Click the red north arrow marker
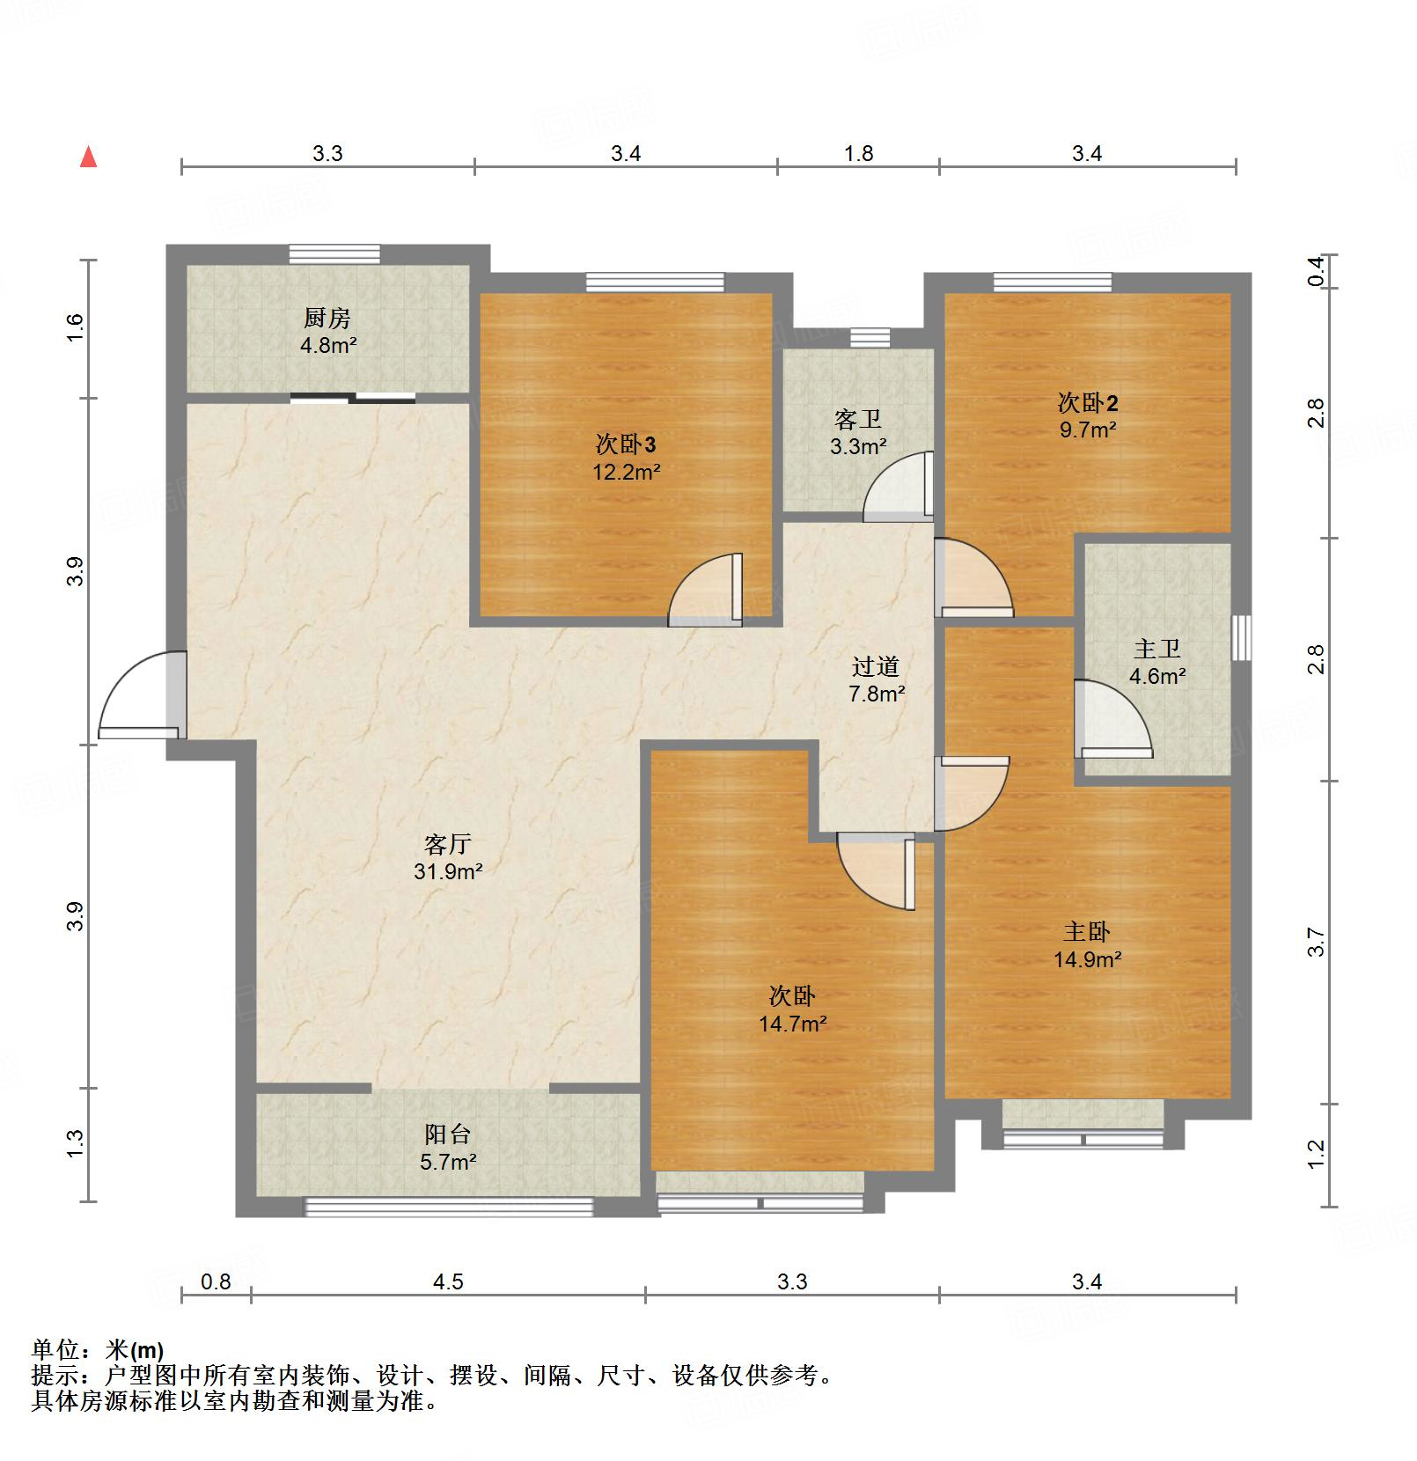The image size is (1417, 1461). point(88,158)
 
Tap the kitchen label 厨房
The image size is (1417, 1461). point(327,318)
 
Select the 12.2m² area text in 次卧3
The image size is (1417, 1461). point(626,472)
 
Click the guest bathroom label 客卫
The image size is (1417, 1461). point(857,420)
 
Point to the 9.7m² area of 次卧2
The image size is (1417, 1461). point(1088,429)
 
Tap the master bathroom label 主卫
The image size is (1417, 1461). point(1156,650)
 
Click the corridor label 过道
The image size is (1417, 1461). point(876,667)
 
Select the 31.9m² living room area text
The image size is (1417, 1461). point(448,871)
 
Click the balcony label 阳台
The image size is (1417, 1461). point(447,1134)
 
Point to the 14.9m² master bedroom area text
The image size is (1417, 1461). point(1088,959)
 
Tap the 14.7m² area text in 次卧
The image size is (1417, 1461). point(792,1024)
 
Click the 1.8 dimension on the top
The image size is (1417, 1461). point(858,154)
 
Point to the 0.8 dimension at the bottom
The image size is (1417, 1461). point(216,1281)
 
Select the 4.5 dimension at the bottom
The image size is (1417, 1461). point(448,1281)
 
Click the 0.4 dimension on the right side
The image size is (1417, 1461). point(1316,270)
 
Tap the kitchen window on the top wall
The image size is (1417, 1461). point(334,253)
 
